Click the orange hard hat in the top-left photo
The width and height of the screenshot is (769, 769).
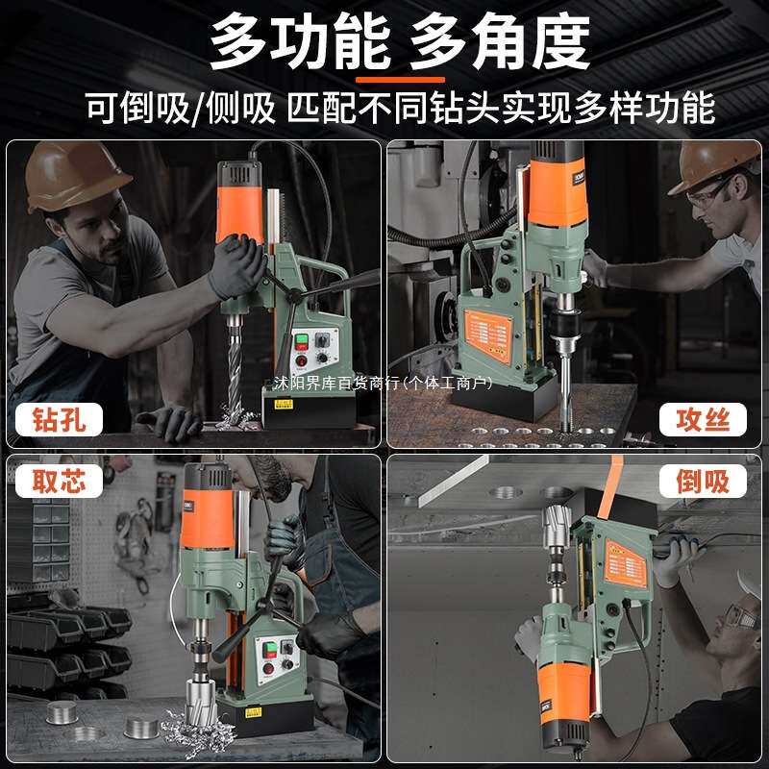point(72,173)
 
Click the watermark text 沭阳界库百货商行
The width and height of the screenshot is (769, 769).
point(336,383)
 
